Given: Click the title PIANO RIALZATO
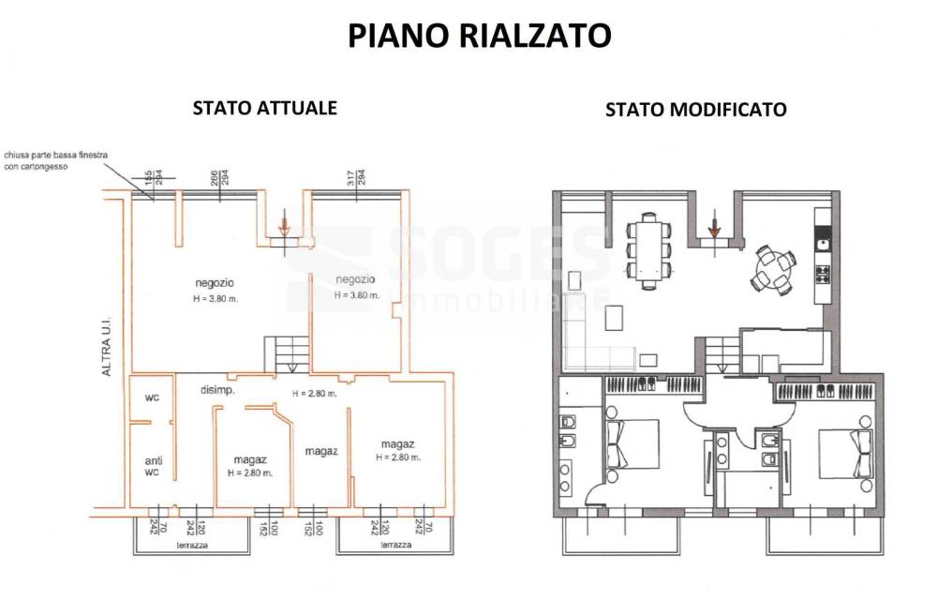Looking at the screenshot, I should pos(479,36).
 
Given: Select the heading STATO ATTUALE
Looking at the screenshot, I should pos(264,107).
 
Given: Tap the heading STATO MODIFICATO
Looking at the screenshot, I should pos(695,110).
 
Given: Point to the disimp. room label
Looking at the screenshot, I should pos(218,389).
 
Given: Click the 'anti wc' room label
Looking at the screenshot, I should pos(152,466).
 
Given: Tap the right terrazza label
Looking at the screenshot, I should pos(396,544).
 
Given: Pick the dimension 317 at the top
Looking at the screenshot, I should pos(349,176).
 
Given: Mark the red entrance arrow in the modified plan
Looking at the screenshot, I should pos(715,227).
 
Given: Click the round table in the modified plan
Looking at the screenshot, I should pos(775,268).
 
